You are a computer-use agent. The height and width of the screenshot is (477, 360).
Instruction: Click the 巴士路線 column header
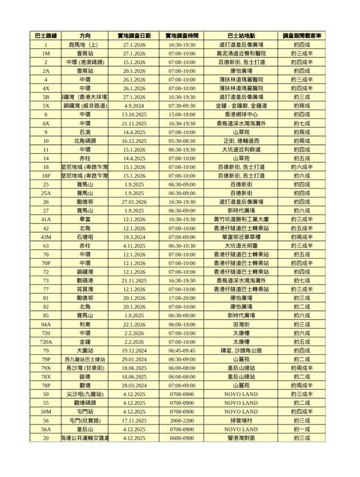[46, 36]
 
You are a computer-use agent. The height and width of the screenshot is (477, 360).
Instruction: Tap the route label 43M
[46, 237]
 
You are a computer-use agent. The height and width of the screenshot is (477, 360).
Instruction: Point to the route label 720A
[46, 342]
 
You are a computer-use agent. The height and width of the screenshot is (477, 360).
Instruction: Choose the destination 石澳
[85, 132]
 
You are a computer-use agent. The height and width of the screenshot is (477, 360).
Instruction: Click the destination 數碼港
[85, 281]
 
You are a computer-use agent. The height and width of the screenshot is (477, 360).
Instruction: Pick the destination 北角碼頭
[85, 141]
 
